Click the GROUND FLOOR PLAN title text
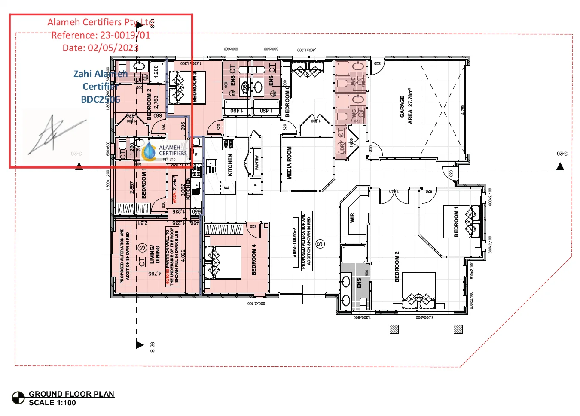(x=71, y=394)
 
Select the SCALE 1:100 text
(x=52, y=403)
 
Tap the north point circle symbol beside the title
(x=18, y=398)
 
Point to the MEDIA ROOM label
(x=289, y=163)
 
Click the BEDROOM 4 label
(x=253, y=259)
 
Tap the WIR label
(x=352, y=217)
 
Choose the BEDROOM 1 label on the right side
(x=456, y=221)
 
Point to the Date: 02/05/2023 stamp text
(x=101, y=48)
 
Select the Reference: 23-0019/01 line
(x=101, y=35)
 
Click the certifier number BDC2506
(x=101, y=99)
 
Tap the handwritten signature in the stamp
(x=54, y=134)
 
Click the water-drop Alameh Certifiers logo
(x=149, y=151)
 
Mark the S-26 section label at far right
(x=562, y=154)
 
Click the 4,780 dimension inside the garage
(x=463, y=110)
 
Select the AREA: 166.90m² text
(x=295, y=242)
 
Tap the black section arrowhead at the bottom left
(x=140, y=344)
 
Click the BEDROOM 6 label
(x=287, y=101)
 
